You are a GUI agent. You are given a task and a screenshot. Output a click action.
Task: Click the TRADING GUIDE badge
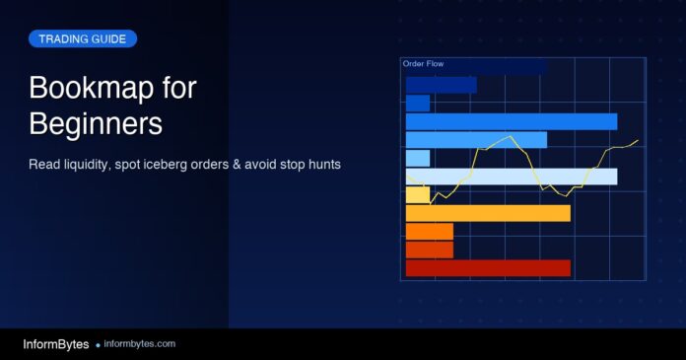(83, 39)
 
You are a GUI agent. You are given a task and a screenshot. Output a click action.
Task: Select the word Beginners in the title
(96, 125)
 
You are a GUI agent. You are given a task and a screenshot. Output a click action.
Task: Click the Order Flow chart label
(424, 64)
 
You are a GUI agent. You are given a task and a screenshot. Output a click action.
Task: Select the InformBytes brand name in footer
(55, 344)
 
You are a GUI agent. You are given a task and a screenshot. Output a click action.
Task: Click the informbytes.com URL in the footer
(139, 344)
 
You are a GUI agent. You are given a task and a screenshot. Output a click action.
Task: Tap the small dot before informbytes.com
(98, 345)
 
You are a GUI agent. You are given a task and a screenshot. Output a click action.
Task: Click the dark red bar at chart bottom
(488, 268)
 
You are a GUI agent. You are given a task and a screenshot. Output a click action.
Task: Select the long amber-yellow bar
(488, 213)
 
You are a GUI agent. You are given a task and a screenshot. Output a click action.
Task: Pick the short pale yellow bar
(418, 194)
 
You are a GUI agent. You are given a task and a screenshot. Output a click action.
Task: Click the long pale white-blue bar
(512, 177)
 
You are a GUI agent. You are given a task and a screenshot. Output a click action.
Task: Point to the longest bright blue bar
(512, 121)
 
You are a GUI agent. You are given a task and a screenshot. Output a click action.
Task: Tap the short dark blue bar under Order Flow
(418, 103)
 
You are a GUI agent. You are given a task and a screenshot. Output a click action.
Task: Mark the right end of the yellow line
(638, 140)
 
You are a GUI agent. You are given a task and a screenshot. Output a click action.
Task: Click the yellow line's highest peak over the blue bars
(507, 136)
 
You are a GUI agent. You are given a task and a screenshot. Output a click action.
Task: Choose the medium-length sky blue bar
(476, 139)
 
